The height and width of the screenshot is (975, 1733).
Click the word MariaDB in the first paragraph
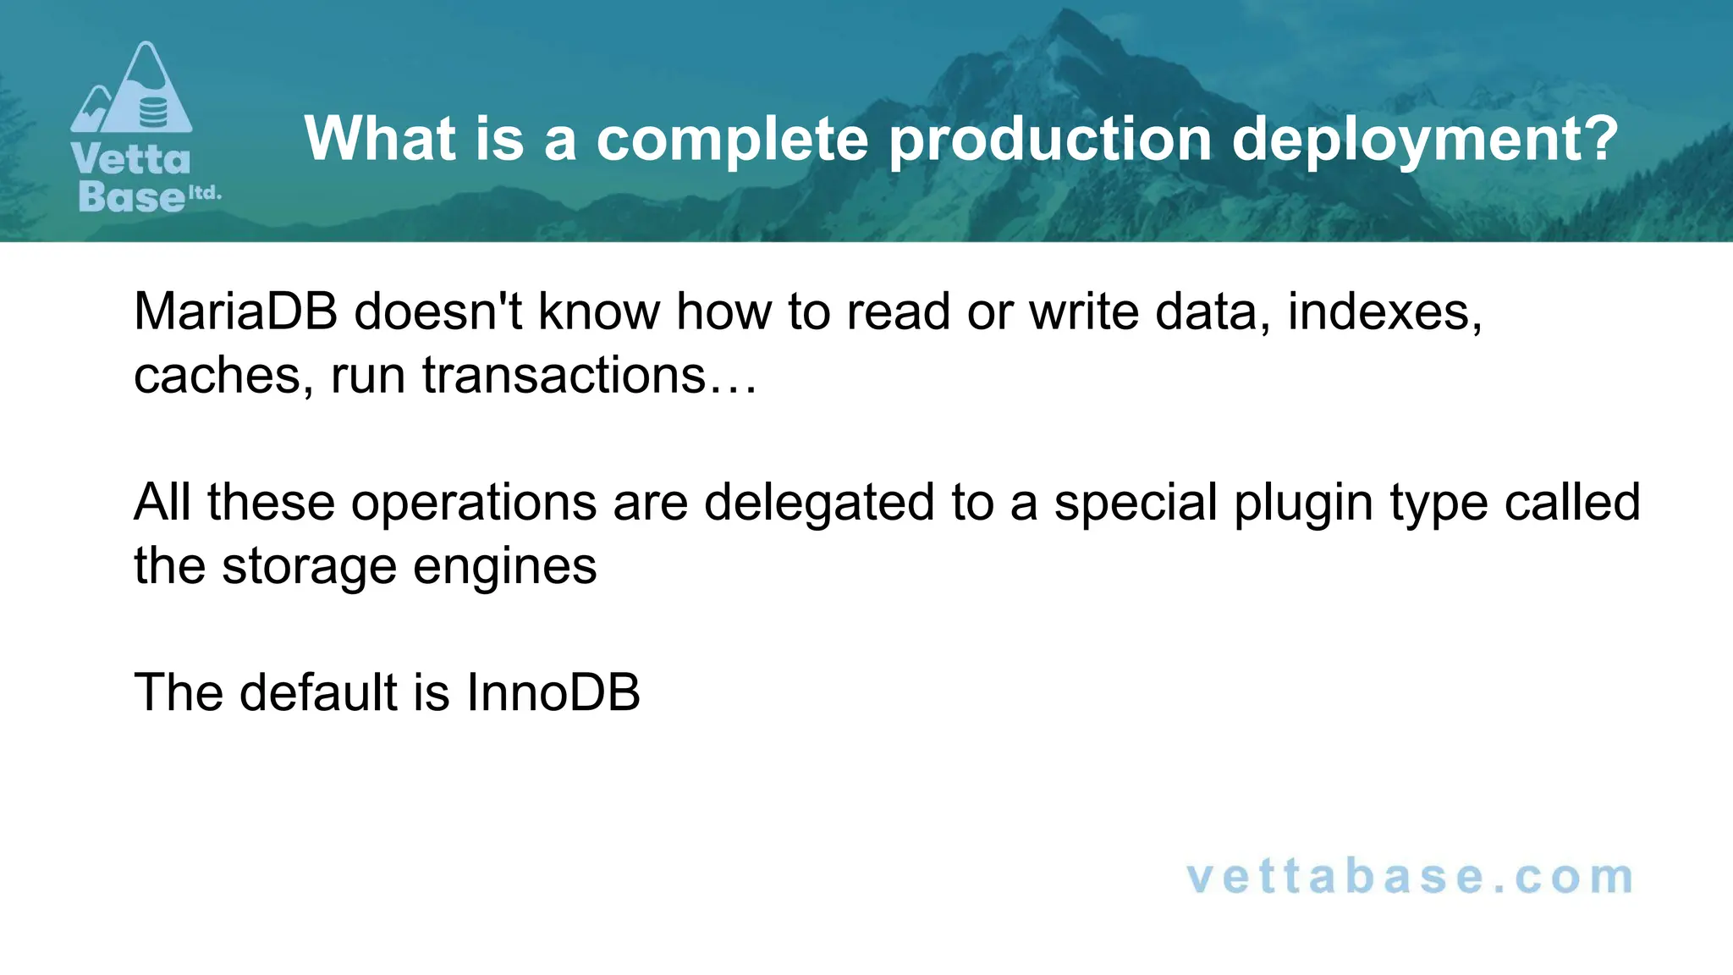point(235,311)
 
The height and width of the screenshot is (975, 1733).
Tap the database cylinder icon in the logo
point(153,111)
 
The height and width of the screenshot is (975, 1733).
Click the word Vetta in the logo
point(131,159)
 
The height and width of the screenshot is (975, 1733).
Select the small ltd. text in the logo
point(204,192)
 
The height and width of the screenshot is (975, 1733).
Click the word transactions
point(564,375)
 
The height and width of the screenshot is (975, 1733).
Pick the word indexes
point(1384,311)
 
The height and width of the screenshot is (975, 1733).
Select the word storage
point(309,565)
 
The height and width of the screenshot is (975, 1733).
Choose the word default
point(318,692)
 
